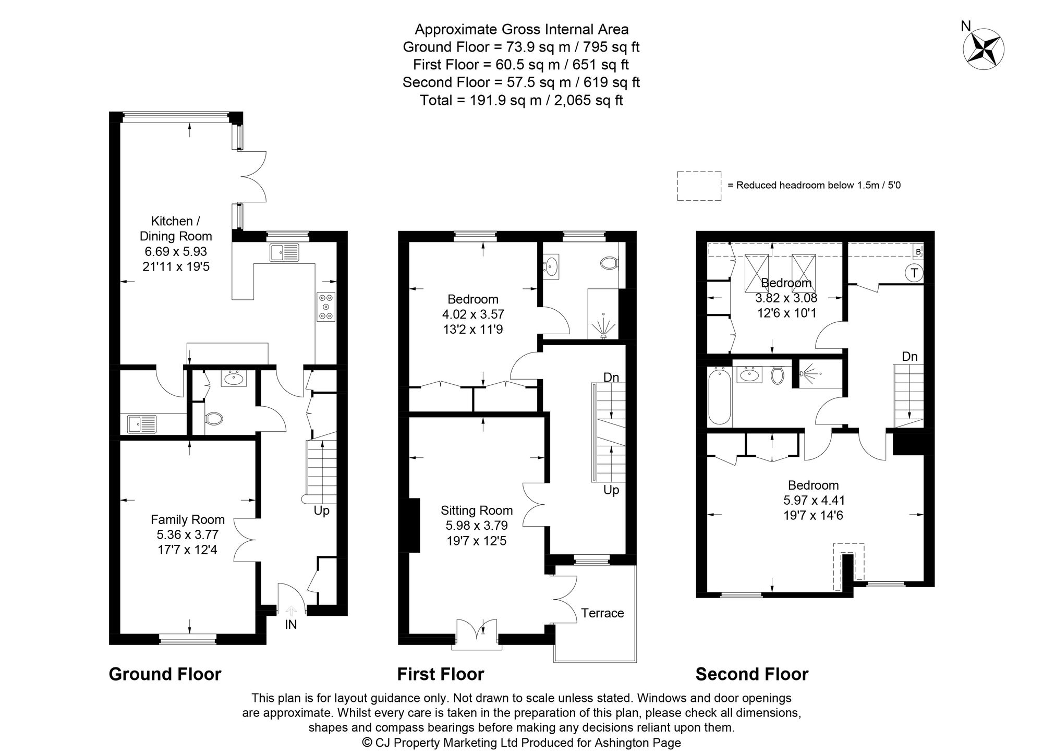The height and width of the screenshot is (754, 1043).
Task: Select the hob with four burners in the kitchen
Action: [326, 307]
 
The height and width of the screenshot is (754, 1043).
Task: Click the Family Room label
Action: [188, 519]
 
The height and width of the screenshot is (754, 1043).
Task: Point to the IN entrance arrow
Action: [290, 611]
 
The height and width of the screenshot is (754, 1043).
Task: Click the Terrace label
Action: [602, 613]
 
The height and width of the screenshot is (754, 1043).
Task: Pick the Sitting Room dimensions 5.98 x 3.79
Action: [476, 526]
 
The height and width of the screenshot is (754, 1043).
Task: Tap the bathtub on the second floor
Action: [720, 397]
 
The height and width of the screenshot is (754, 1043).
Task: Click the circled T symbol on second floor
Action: [914, 273]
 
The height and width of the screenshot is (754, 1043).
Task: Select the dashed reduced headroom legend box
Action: [699, 186]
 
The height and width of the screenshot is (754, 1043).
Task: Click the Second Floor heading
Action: [751, 674]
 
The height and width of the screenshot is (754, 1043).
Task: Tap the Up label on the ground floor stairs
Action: [321, 510]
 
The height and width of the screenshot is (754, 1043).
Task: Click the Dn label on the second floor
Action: [909, 357]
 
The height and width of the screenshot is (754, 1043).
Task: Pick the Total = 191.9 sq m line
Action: [521, 100]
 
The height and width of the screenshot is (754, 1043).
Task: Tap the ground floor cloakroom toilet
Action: [214, 418]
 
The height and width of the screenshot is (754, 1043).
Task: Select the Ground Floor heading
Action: [165, 674]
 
